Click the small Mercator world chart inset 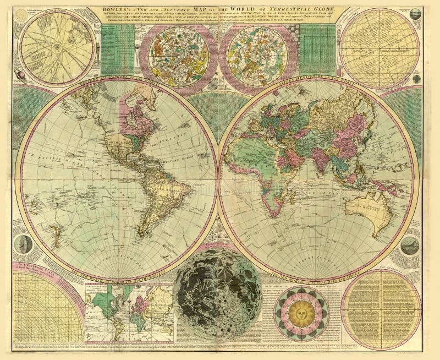129,310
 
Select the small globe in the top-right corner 415,14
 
